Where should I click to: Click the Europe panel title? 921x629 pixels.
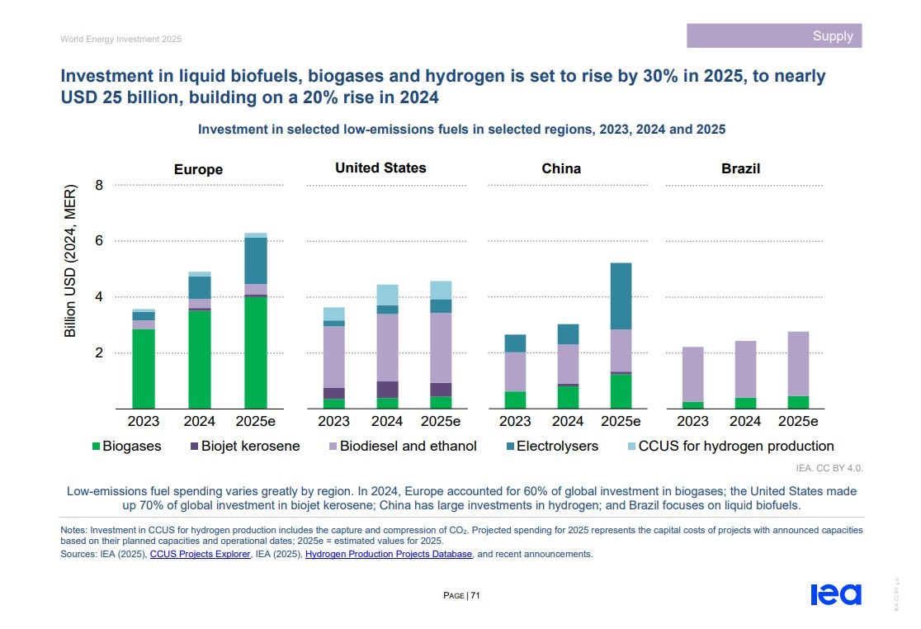click(x=198, y=169)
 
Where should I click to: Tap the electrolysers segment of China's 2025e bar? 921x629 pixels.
click(x=621, y=296)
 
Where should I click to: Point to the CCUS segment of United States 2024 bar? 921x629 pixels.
click(x=387, y=295)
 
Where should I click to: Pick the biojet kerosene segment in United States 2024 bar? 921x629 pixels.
click(x=387, y=390)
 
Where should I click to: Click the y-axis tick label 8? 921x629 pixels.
click(x=99, y=185)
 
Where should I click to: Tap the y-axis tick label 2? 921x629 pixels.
click(x=99, y=352)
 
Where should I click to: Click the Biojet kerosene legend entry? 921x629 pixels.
click(x=244, y=447)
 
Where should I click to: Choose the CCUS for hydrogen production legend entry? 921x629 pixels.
click(x=730, y=447)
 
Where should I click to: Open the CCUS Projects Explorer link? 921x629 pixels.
click(x=200, y=555)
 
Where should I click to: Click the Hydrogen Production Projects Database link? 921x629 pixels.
click(x=389, y=555)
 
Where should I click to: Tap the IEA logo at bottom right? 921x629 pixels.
click(x=835, y=594)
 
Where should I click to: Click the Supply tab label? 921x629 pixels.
click(x=832, y=36)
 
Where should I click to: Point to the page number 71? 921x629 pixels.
click(x=475, y=595)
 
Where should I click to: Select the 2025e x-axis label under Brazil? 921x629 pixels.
click(x=797, y=421)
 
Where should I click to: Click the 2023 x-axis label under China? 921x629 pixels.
click(x=515, y=421)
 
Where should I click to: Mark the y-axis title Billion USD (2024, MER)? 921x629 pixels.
click(x=70, y=265)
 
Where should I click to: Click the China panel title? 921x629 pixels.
click(x=561, y=168)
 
